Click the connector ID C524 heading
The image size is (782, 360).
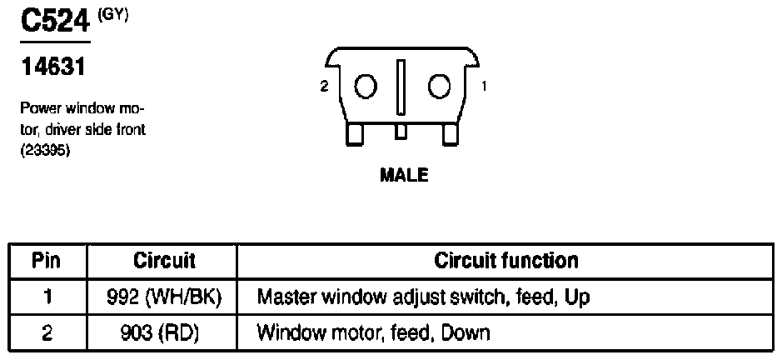click(55, 21)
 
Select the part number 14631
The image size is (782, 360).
click(52, 67)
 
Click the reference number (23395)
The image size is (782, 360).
click(44, 152)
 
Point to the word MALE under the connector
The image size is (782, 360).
click(404, 175)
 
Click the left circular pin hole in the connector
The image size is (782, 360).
click(366, 87)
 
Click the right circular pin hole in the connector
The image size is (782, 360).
click(439, 87)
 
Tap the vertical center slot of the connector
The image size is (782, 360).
click(401, 87)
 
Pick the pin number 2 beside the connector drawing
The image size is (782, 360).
click(324, 87)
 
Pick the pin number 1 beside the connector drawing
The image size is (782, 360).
click(483, 87)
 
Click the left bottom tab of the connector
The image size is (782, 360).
click(355, 134)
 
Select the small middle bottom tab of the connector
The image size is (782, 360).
click(401, 131)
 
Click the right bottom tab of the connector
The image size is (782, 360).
click(451, 134)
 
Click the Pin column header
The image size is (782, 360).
click(46, 261)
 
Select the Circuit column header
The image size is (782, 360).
click(164, 261)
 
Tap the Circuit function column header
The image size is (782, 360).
click(506, 261)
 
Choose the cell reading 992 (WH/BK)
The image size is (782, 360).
click(164, 297)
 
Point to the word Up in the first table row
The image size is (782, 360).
click(577, 298)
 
